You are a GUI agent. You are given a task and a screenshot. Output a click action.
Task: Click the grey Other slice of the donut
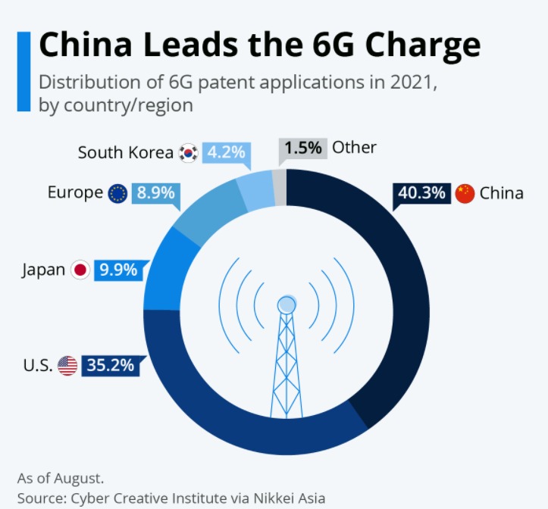[280, 187]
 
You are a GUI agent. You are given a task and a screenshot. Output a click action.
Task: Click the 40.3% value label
[421, 193]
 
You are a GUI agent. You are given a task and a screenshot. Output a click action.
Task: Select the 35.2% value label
[111, 365]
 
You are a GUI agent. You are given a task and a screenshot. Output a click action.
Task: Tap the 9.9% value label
[118, 270]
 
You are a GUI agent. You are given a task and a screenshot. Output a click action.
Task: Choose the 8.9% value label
[155, 193]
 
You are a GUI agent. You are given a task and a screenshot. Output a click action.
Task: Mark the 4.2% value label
[226, 152]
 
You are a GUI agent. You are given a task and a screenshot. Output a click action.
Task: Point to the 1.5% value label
[303, 148]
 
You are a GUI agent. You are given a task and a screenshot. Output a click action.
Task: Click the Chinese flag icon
[465, 193]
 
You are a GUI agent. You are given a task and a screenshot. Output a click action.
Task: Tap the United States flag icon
[67, 366]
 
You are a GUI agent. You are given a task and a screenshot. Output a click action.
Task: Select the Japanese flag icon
[80, 270]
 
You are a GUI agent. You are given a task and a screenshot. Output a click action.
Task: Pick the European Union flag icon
[117, 194]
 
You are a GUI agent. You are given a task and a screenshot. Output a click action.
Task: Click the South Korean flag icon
[189, 153]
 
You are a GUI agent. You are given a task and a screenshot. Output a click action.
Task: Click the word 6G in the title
[333, 45]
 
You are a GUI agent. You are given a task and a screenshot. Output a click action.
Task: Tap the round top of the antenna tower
[287, 305]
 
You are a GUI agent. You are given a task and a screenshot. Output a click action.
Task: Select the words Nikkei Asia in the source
[290, 498]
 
